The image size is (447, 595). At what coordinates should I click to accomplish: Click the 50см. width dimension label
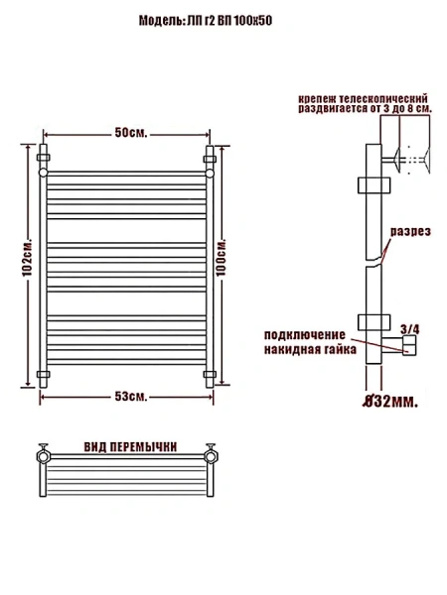point(130,133)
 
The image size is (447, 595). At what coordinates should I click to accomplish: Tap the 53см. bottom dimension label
point(130,397)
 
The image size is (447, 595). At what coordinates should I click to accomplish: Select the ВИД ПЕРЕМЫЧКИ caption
point(130,447)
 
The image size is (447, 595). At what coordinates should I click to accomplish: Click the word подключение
point(304,334)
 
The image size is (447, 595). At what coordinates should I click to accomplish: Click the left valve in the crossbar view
point(45,455)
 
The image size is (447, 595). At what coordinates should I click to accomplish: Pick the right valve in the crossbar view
point(211,455)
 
